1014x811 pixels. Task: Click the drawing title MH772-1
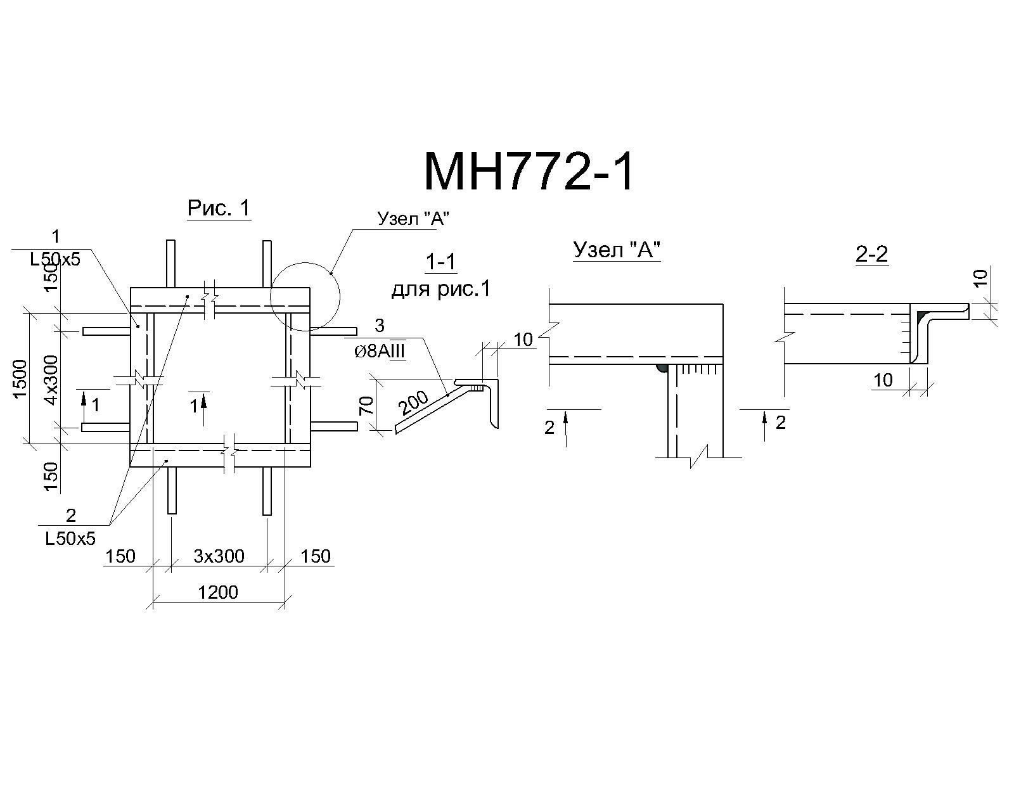pyautogui.click(x=529, y=172)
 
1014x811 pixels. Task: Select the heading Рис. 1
pyautogui.click(x=219, y=208)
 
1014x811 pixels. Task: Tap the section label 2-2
pyautogui.click(x=871, y=255)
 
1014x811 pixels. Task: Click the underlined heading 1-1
pyautogui.click(x=440, y=262)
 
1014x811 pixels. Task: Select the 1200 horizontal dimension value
pyautogui.click(x=217, y=592)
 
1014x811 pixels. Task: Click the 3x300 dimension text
pyautogui.click(x=219, y=556)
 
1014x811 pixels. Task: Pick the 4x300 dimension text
pyautogui.click(x=51, y=380)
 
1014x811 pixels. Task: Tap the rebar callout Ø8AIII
pyautogui.click(x=380, y=351)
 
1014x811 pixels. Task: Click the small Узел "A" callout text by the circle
pyautogui.click(x=413, y=219)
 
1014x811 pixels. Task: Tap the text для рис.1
pyautogui.click(x=441, y=288)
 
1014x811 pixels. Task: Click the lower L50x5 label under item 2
pyautogui.click(x=70, y=539)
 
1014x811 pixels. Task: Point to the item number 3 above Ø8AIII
pyautogui.click(x=380, y=326)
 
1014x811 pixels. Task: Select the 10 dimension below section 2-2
pyautogui.click(x=883, y=380)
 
